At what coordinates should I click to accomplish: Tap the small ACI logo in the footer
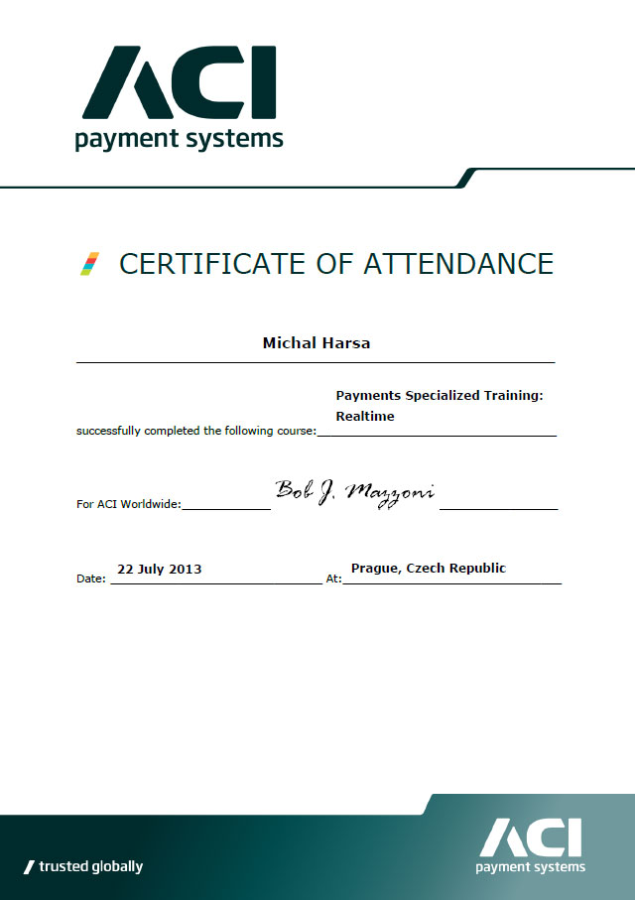pos(530,838)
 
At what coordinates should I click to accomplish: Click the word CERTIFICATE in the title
pos(211,263)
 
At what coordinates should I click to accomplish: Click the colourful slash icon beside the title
pos(89,264)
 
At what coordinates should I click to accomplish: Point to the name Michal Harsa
pos(316,342)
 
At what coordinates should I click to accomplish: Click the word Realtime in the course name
pos(365,417)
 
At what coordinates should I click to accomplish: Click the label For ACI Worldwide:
pos(128,504)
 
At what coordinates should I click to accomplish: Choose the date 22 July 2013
pos(159,569)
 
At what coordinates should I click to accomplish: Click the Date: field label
pos(91,579)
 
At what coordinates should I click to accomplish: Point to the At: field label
pos(333,578)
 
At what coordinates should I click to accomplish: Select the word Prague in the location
pos(374,569)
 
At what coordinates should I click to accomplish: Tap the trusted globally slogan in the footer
pos(83,866)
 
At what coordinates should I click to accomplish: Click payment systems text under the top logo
pos(179,139)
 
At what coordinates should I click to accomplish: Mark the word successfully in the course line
pos(106,431)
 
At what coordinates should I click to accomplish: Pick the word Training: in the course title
pos(513,395)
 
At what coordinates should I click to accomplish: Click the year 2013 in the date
pos(186,569)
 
